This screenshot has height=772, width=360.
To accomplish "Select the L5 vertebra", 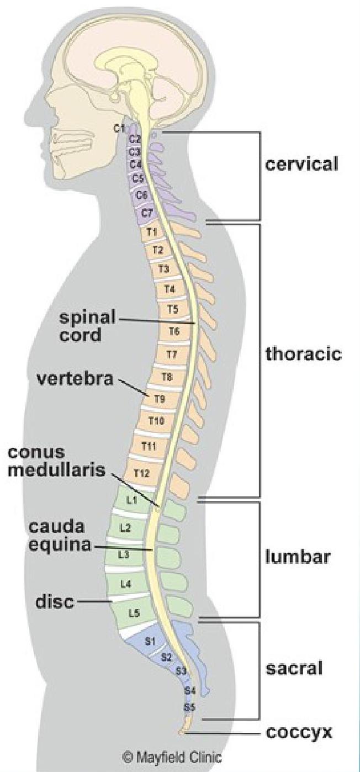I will click(133, 612).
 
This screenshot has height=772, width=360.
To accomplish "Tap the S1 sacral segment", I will click(149, 641).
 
